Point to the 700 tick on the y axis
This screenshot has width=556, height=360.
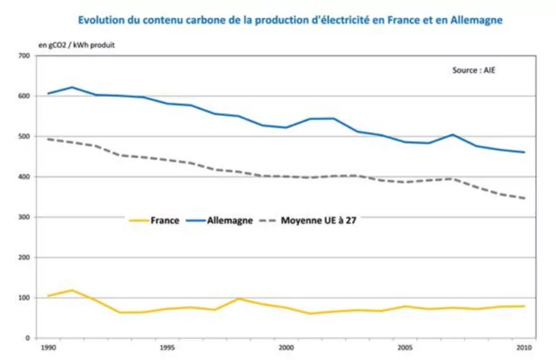pos(24,56)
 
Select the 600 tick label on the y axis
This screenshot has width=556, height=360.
pos(24,96)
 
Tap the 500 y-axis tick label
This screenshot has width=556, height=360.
pos(24,137)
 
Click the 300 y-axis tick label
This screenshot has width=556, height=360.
pos(24,217)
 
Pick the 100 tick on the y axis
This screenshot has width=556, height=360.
pos(24,298)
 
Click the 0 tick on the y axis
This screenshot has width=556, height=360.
pos(28,338)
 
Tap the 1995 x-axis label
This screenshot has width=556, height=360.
pos(167,348)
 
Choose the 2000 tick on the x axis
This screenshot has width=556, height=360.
pos(287,348)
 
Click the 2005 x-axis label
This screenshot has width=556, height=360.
pos(407,348)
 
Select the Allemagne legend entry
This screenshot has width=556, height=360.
pos(228,220)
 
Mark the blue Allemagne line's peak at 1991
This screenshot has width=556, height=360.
pos(72,88)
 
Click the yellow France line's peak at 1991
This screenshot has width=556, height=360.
pos(72,290)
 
